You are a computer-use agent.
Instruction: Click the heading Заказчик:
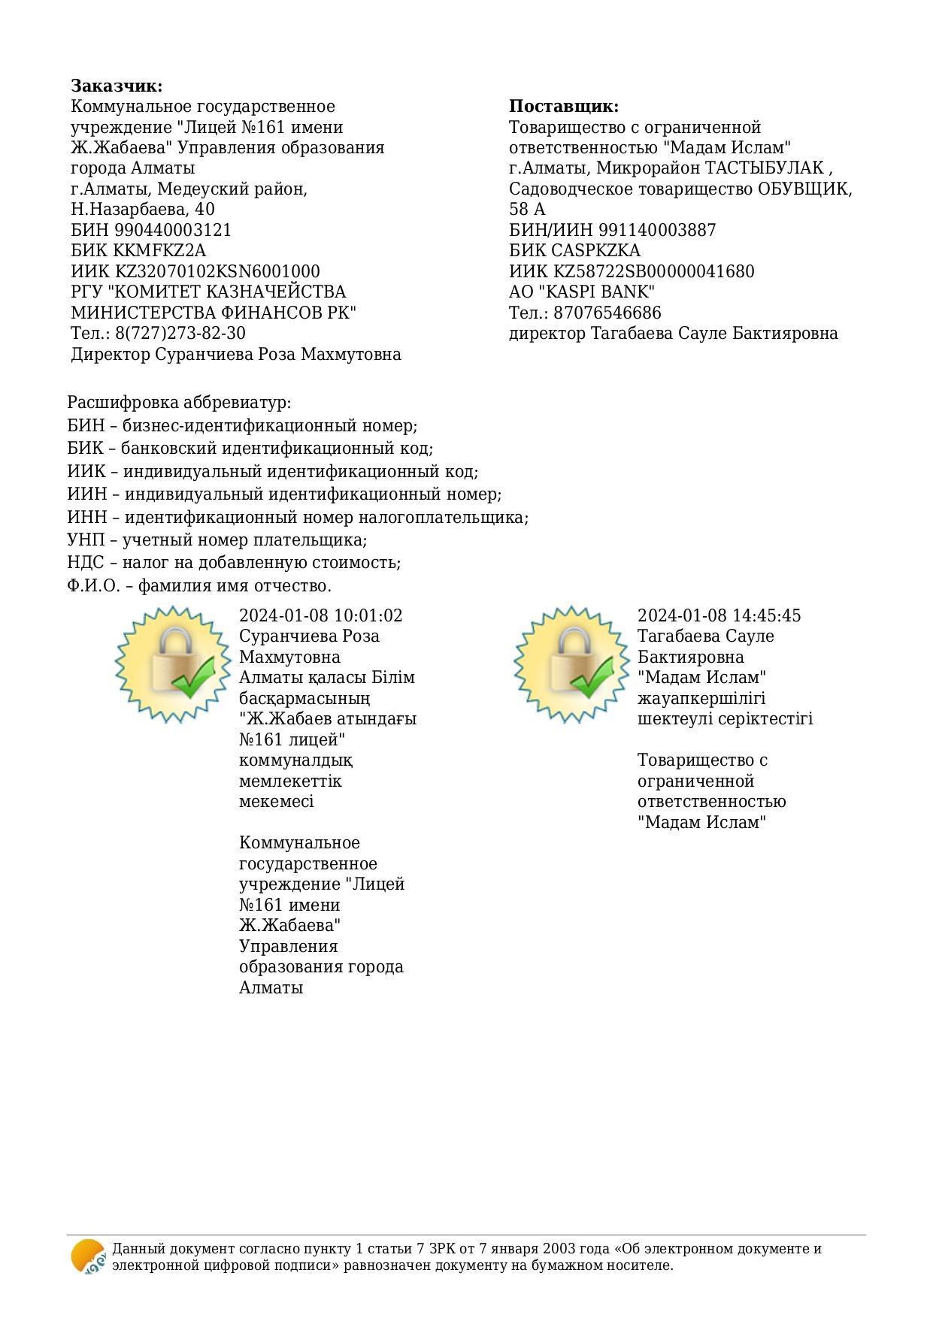117,86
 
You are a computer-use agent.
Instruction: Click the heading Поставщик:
563,106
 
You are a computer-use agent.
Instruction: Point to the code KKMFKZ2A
159,250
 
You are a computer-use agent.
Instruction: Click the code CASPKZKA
595,250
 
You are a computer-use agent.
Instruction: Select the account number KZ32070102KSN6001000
217,271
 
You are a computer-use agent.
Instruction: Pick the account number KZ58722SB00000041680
654,271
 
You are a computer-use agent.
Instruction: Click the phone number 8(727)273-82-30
180,333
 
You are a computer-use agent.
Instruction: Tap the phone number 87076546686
607,313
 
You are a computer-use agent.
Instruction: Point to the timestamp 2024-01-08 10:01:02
320,615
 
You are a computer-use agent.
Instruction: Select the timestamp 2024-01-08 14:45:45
719,615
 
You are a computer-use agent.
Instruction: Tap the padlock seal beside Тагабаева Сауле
572,664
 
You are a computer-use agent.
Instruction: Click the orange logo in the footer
88,1256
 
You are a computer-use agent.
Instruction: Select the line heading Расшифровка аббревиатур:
179,403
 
